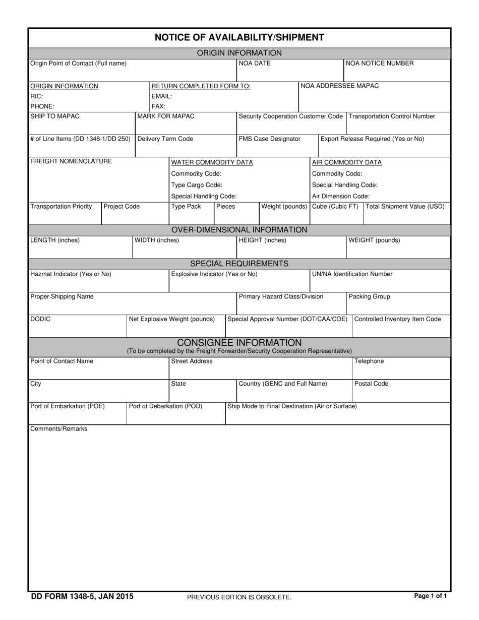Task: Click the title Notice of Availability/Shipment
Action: (239, 37)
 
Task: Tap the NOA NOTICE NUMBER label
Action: (380, 64)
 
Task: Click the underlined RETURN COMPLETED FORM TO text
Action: (201, 86)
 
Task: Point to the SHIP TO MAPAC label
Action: (55, 116)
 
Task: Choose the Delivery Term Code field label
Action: (165, 139)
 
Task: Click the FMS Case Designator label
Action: (269, 139)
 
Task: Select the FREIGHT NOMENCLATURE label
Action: (71, 161)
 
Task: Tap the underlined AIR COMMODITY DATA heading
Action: (347, 162)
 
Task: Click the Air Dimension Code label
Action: (341, 196)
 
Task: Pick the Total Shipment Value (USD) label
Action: (405, 207)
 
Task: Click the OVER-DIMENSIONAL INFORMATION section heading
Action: (239, 230)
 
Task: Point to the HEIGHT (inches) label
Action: (262, 240)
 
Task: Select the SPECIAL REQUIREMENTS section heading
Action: (239, 264)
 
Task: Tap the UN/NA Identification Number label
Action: (352, 274)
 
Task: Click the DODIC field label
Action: (40, 319)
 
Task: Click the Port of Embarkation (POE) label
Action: (68, 406)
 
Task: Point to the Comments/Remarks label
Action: (59, 429)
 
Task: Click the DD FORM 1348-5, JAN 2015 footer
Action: (82, 597)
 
